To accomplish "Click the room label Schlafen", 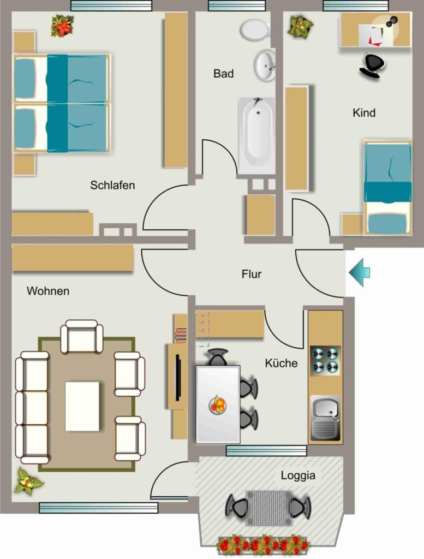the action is point(112,186).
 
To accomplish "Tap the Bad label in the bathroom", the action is point(223,74).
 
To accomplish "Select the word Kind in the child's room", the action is point(364,112).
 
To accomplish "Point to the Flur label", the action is point(252,274).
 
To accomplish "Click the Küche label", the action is point(281,363).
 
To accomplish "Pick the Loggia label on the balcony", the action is point(298,475).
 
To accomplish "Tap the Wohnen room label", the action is point(48,291).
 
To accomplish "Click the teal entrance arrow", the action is point(359,273).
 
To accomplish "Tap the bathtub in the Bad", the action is point(257,135).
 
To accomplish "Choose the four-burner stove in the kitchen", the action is point(325,360).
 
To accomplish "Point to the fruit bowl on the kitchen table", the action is point(218,405).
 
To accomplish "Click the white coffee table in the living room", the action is point(82,406).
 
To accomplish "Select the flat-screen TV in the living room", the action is point(178,378).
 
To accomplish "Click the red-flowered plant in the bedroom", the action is point(62,26).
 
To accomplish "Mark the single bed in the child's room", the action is point(387,188).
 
